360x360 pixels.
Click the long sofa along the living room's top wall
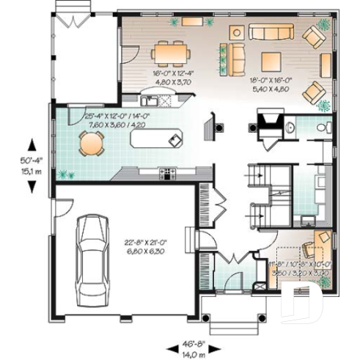pos(270,32)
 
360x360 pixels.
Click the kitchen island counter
pos(155,136)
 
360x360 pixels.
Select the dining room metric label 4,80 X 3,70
pos(173,83)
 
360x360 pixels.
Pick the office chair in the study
pos(320,242)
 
